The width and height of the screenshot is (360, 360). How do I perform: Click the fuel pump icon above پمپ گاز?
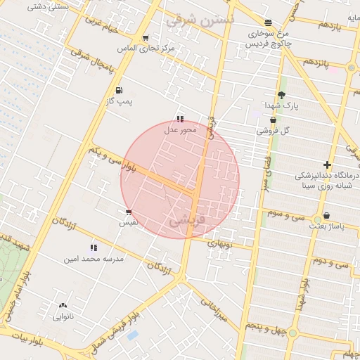[x=118, y=90]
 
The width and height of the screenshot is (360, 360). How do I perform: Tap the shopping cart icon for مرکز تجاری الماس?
[x=145, y=38]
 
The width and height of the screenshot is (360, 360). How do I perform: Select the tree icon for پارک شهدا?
[x=282, y=95]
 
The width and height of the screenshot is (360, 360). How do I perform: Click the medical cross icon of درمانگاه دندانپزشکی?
[x=327, y=164]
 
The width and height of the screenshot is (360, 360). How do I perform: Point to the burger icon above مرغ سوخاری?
[x=268, y=21]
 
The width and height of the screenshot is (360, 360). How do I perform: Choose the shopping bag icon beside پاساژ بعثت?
[x=326, y=217]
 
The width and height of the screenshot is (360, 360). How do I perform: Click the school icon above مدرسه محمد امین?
[x=94, y=247]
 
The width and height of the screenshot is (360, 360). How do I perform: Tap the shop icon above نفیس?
[x=128, y=212]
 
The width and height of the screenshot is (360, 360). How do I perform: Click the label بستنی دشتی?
[x=48, y=6]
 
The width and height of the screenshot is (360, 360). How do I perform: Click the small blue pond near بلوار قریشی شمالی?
[x=132, y=335]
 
